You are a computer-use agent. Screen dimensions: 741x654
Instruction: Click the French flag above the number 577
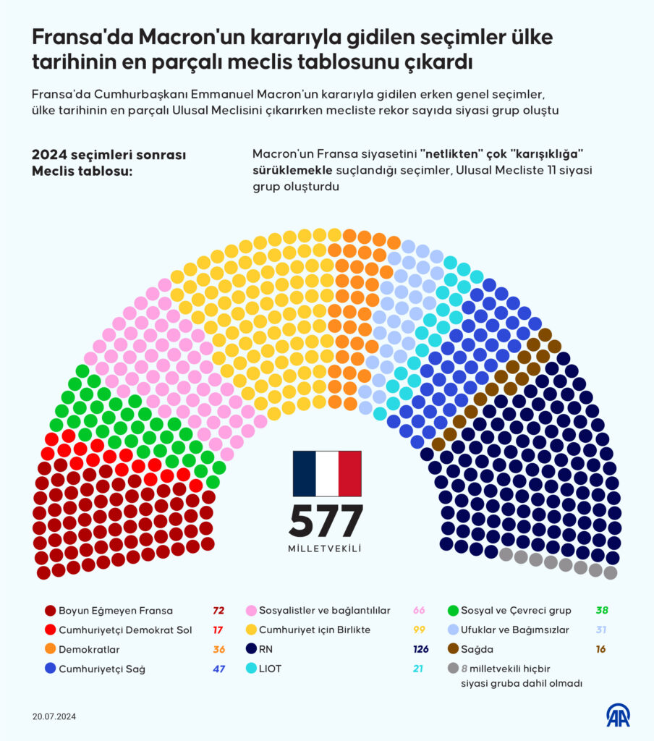(x=326, y=473)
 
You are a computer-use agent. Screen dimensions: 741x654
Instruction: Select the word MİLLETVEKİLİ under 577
(x=326, y=549)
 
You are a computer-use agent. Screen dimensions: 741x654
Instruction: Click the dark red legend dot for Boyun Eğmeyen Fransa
(x=50, y=610)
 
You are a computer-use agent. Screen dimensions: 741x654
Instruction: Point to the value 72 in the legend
(x=218, y=610)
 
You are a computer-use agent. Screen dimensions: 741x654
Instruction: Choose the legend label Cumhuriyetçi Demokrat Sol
(x=125, y=630)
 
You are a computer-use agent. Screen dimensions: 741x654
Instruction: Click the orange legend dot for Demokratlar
(x=50, y=649)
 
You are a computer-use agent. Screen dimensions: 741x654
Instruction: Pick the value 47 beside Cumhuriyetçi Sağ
(x=218, y=669)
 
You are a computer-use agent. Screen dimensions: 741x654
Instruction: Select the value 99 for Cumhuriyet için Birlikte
(x=420, y=630)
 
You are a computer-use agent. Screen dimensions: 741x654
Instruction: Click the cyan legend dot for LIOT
(x=252, y=669)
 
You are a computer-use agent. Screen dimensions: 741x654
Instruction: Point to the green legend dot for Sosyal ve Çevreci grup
(x=454, y=610)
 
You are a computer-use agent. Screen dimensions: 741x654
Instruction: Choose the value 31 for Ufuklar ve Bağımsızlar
(x=600, y=630)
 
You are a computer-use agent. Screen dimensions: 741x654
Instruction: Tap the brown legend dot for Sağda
(x=454, y=649)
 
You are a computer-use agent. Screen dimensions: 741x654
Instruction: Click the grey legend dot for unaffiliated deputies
(x=454, y=669)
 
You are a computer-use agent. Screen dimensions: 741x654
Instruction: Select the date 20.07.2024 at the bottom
(x=54, y=716)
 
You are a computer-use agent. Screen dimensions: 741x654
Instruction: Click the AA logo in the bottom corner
(x=618, y=715)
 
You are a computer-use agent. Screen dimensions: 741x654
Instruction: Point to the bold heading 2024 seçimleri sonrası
(x=109, y=155)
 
